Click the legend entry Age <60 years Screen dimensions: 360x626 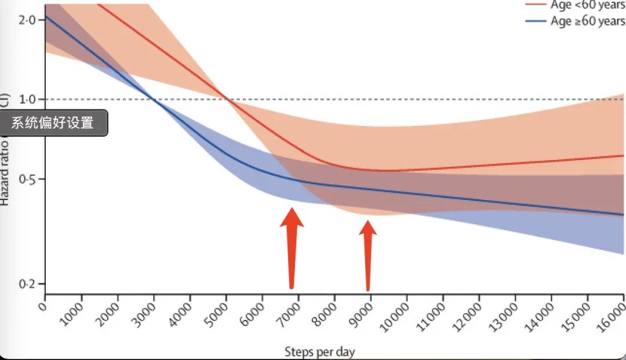click(x=587, y=5)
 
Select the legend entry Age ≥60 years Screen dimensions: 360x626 click(x=587, y=22)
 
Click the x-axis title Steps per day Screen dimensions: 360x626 click(x=319, y=351)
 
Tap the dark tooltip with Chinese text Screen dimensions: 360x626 click(x=53, y=123)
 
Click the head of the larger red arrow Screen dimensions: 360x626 click(x=292, y=218)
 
